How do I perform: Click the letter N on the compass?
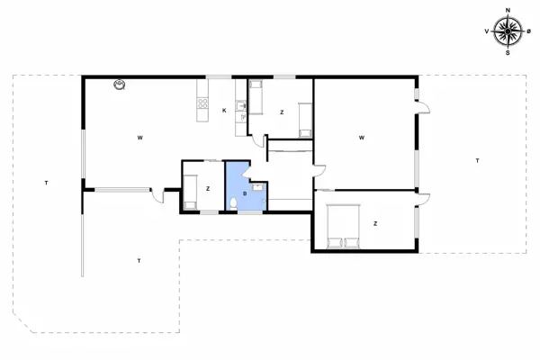508,10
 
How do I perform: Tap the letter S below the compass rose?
508,53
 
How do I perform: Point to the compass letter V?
487,31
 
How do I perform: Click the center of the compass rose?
508,31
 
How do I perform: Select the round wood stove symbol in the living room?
119,85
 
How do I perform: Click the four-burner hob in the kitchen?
202,103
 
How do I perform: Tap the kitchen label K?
224,111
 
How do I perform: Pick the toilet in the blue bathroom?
233,203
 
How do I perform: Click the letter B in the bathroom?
245,194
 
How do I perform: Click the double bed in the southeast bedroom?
344,226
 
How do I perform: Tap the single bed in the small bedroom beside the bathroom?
190,193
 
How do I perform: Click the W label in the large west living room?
139,138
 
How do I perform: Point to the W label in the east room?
362,138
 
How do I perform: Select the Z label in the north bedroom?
282,112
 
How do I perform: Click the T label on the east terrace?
477,160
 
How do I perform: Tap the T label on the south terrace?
139,261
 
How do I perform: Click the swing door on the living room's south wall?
157,195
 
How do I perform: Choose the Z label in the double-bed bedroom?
375,224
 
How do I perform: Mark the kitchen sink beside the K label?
240,106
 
